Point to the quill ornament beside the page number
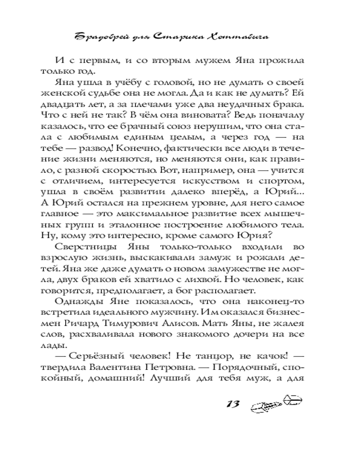pyautogui.click(x=274, y=402)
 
